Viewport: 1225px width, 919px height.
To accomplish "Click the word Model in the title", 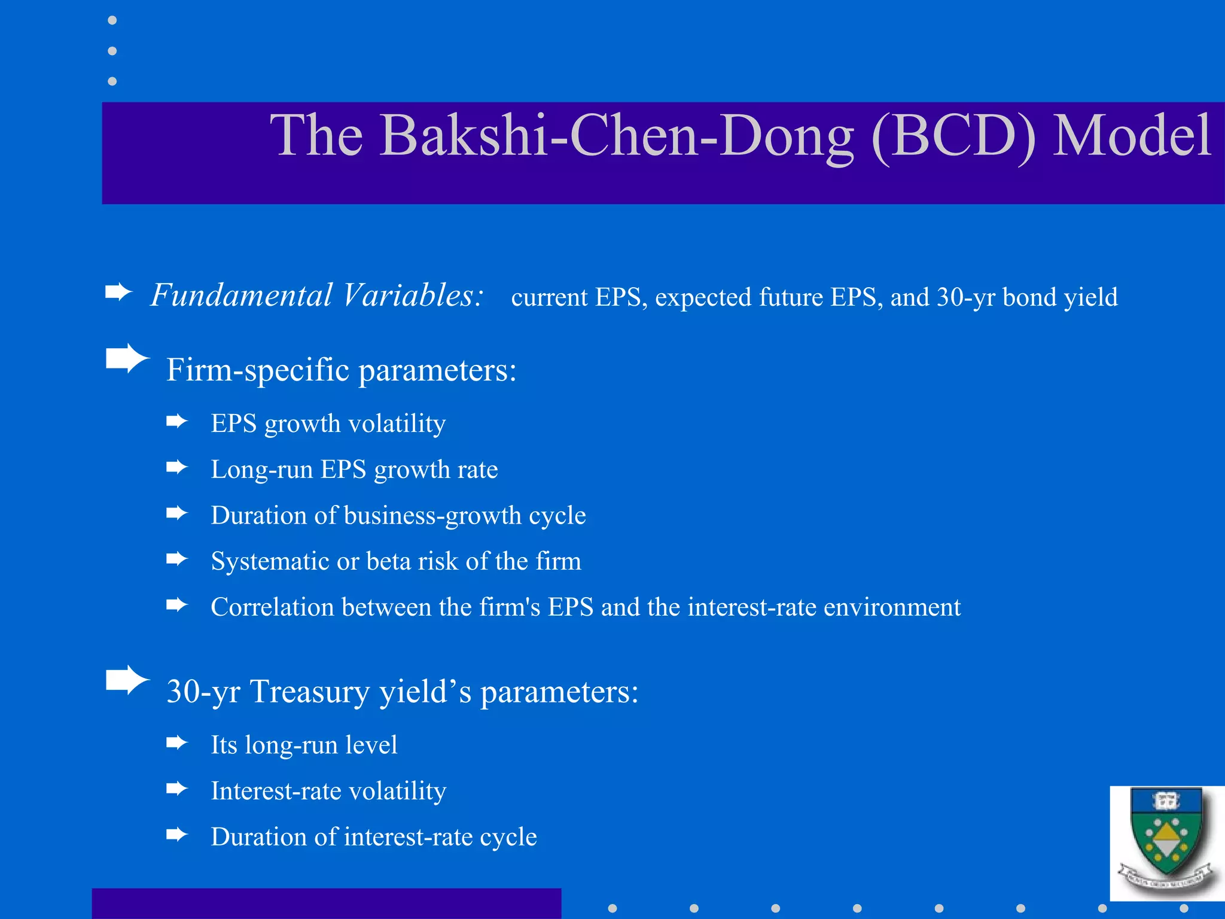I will point(1132,136).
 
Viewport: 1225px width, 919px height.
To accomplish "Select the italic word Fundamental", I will point(241,296).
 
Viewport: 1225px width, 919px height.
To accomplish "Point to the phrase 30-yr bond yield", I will point(1027,297).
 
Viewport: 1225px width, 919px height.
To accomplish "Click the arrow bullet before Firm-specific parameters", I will point(127,358).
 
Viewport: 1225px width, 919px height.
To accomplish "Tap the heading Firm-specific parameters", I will point(341,370).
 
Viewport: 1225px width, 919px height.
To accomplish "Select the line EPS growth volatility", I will point(328,424).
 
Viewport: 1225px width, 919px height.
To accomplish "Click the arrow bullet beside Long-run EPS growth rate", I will point(176,467).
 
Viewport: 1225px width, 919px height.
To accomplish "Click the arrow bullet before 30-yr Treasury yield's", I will point(127,680).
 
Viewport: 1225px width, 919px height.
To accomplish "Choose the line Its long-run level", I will point(304,745).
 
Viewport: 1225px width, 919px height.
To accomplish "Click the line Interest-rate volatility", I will point(328,791).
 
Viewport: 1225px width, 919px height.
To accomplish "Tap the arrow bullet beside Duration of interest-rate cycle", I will point(176,835).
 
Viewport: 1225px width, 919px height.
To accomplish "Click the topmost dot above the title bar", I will point(112,20).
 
